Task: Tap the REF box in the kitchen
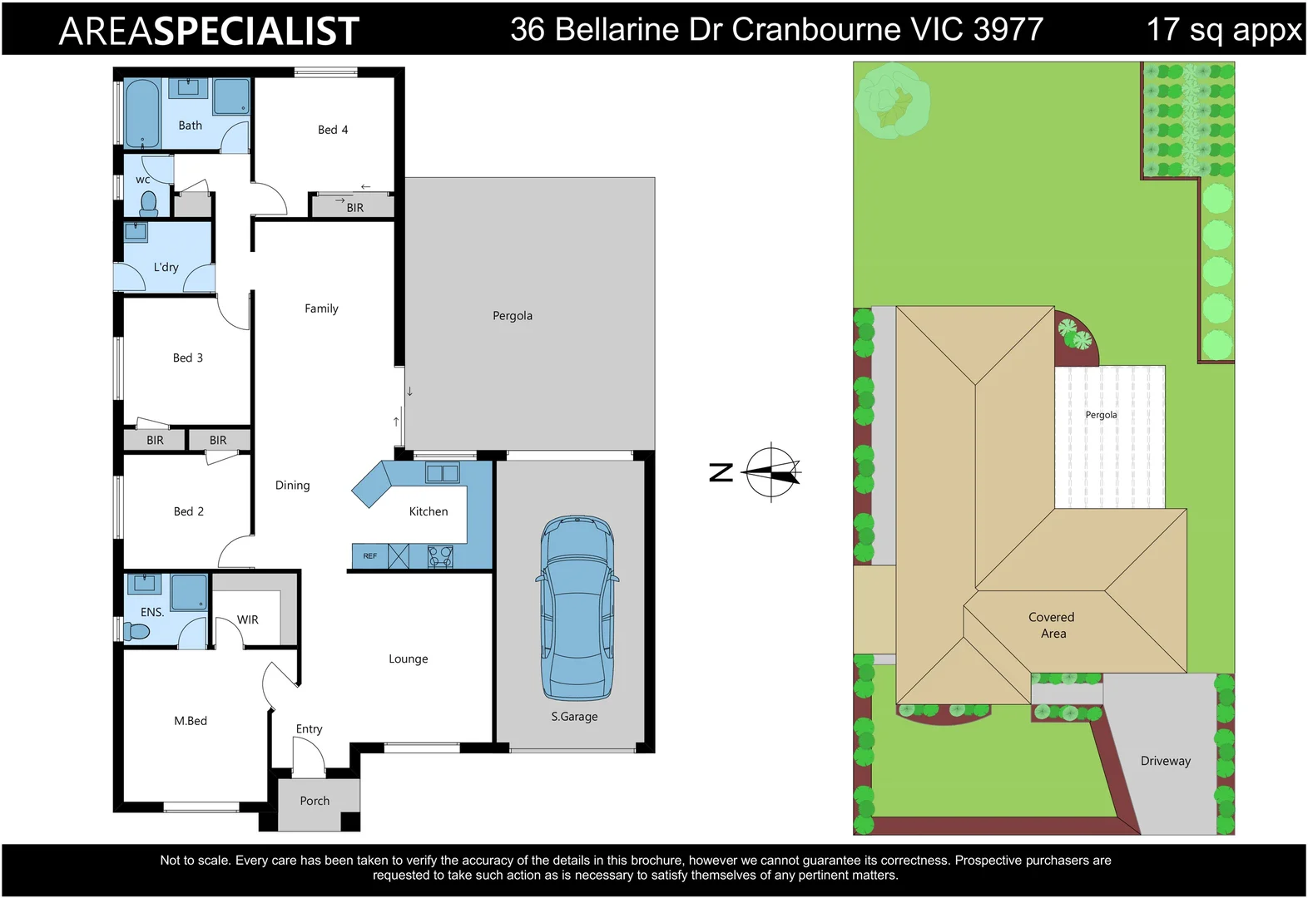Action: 370,556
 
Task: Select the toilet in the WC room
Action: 149,203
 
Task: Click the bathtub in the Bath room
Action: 142,114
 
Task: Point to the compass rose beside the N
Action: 772,472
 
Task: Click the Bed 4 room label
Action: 333,130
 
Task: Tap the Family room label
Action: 321,308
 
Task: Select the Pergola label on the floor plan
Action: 513,316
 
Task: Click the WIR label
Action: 248,619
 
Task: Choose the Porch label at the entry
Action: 315,801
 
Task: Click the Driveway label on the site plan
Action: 1165,761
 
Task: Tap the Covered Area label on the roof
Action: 1052,625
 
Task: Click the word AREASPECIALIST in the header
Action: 209,31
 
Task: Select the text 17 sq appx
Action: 1223,30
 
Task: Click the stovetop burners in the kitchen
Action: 440,556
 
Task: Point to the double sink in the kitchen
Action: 442,473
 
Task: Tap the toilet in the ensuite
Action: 136,632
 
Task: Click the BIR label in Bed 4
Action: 355,208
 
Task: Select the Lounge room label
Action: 409,659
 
